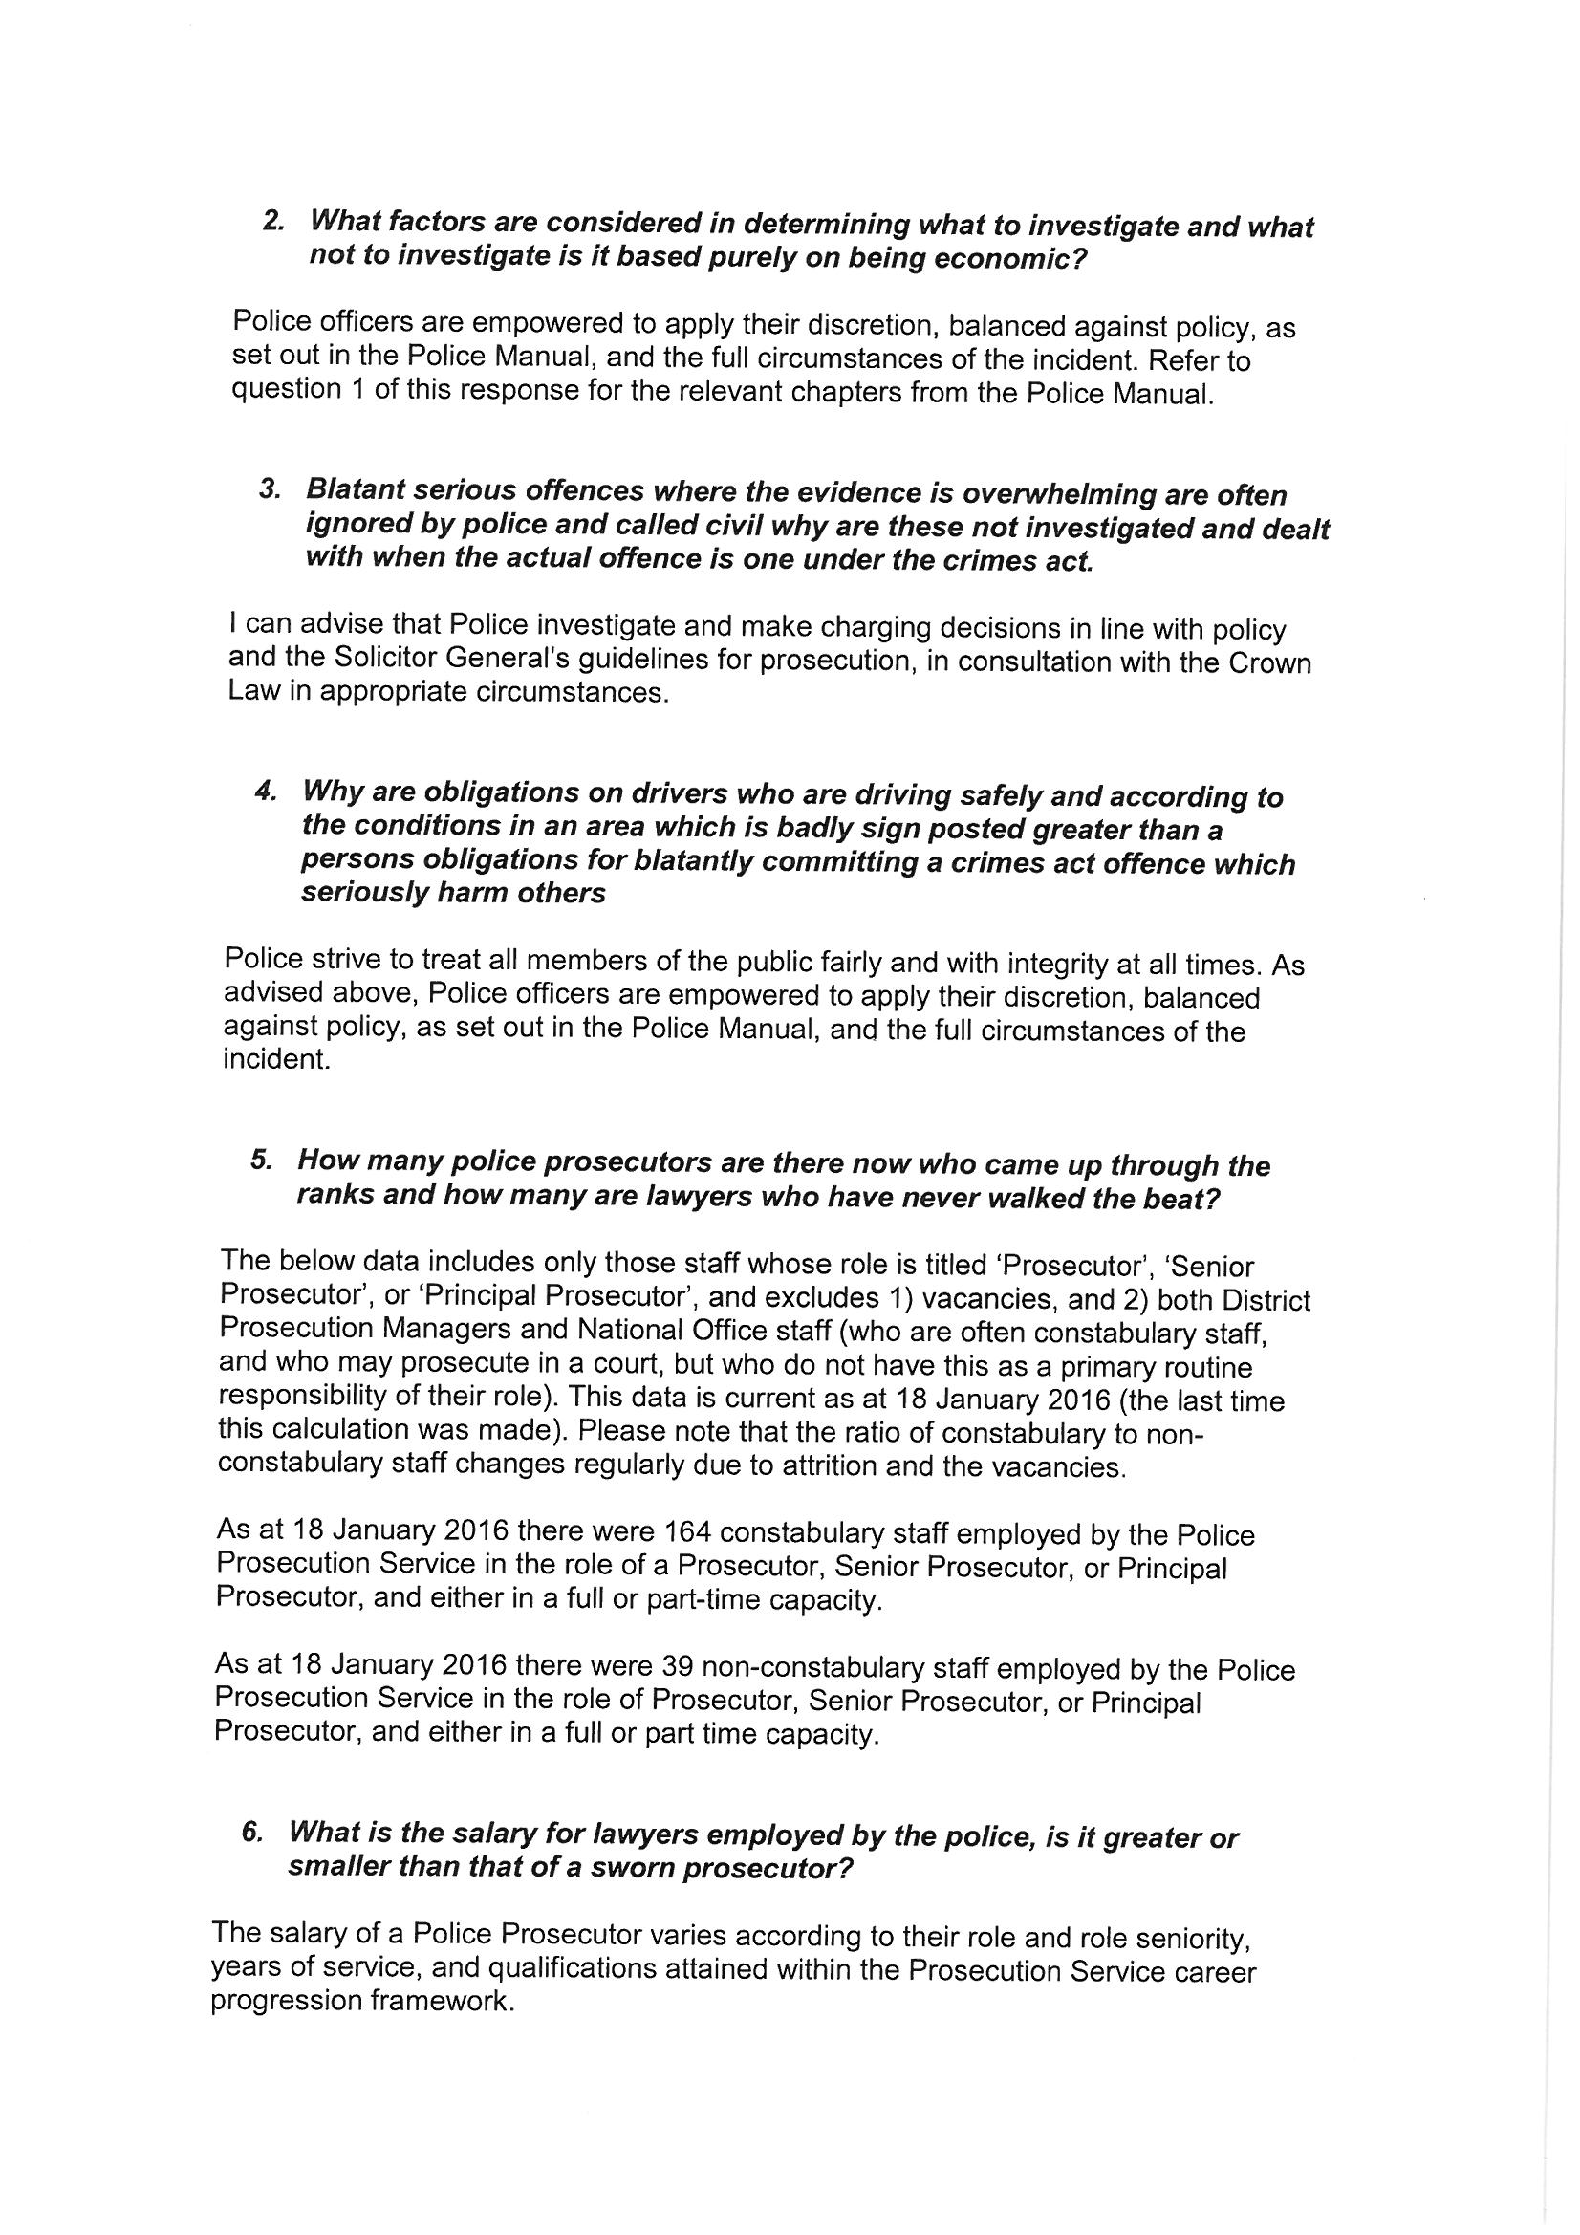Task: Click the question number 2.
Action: tap(271, 220)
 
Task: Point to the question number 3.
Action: tap(269, 488)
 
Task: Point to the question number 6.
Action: tap(251, 1832)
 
